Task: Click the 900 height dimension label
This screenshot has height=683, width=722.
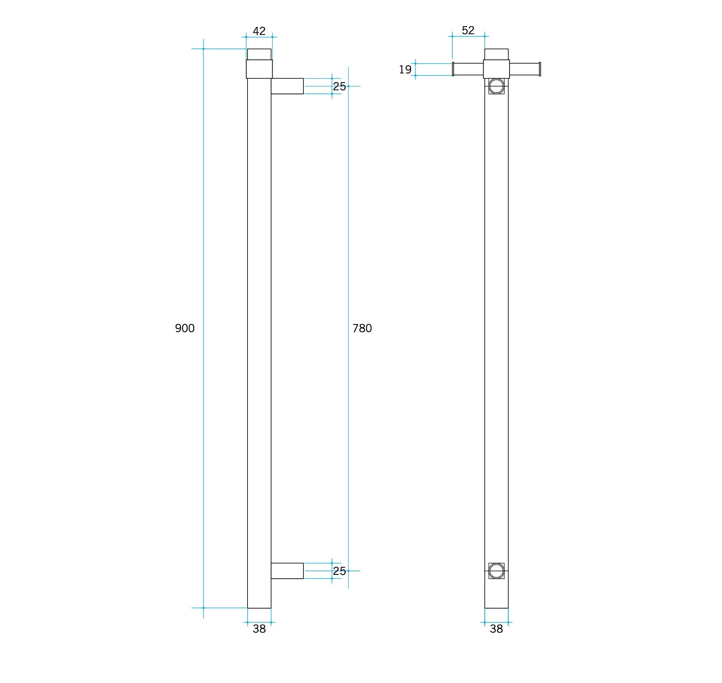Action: coord(185,328)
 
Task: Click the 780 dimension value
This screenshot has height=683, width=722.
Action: coord(362,328)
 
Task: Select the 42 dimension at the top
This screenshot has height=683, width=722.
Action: coord(259,31)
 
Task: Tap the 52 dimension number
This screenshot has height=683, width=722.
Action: coord(468,30)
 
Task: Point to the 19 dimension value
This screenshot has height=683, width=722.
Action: coord(405,70)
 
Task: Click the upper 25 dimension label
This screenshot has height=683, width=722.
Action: coord(339,86)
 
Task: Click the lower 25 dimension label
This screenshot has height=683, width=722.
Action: coord(339,571)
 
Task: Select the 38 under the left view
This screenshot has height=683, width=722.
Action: coord(259,629)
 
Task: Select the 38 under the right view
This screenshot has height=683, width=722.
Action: coord(496,629)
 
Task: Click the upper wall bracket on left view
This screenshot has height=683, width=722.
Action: coord(287,86)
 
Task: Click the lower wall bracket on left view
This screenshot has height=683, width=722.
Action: coord(287,571)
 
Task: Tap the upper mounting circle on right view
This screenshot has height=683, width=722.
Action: coord(496,86)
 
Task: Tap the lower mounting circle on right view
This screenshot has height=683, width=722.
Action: coord(496,571)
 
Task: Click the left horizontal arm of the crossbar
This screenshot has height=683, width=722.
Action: coord(468,69)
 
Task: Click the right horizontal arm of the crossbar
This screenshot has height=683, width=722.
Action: coord(524,69)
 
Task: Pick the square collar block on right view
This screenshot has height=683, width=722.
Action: coord(496,69)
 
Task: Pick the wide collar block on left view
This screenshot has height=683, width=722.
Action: coord(259,69)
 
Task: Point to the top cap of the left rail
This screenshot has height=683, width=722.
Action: coord(259,54)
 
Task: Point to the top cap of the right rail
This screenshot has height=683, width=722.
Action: coord(496,54)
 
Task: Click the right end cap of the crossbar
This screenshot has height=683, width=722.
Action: coord(540,69)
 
